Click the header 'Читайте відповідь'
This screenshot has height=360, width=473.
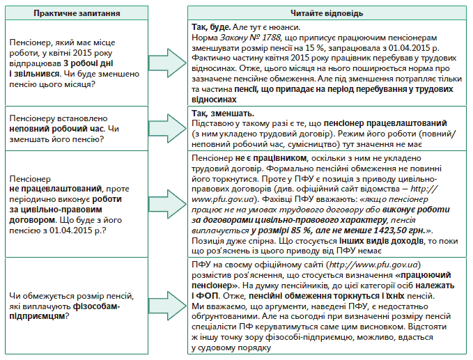328,13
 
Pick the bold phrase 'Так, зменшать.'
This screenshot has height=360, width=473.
222,114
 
